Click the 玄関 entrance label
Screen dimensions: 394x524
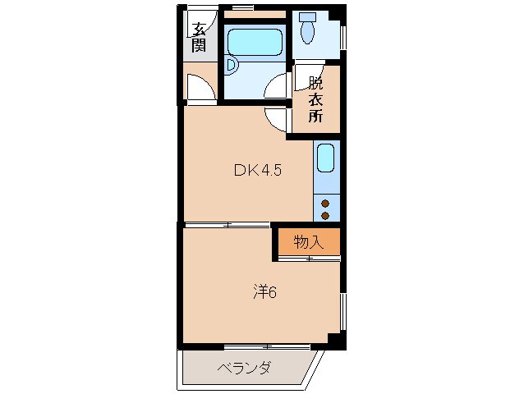click(x=199, y=38)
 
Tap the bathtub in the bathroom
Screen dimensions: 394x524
click(x=255, y=41)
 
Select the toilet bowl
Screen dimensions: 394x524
click(x=308, y=32)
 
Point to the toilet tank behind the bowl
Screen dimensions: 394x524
click(x=308, y=16)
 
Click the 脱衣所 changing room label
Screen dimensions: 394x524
click(x=316, y=99)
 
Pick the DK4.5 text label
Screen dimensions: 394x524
click(x=258, y=171)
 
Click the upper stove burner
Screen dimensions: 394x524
click(x=326, y=203)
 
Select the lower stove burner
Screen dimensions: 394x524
click(x=326, y=215)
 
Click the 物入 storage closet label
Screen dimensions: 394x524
click(x=306, y=241)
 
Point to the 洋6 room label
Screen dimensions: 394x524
click(x=263, y=291)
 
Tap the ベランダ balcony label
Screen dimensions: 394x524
click(x=245, y=368)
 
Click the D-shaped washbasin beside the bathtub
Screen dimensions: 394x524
click(x=232, y=63)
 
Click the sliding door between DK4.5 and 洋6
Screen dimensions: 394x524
click(x=228, y=224)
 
